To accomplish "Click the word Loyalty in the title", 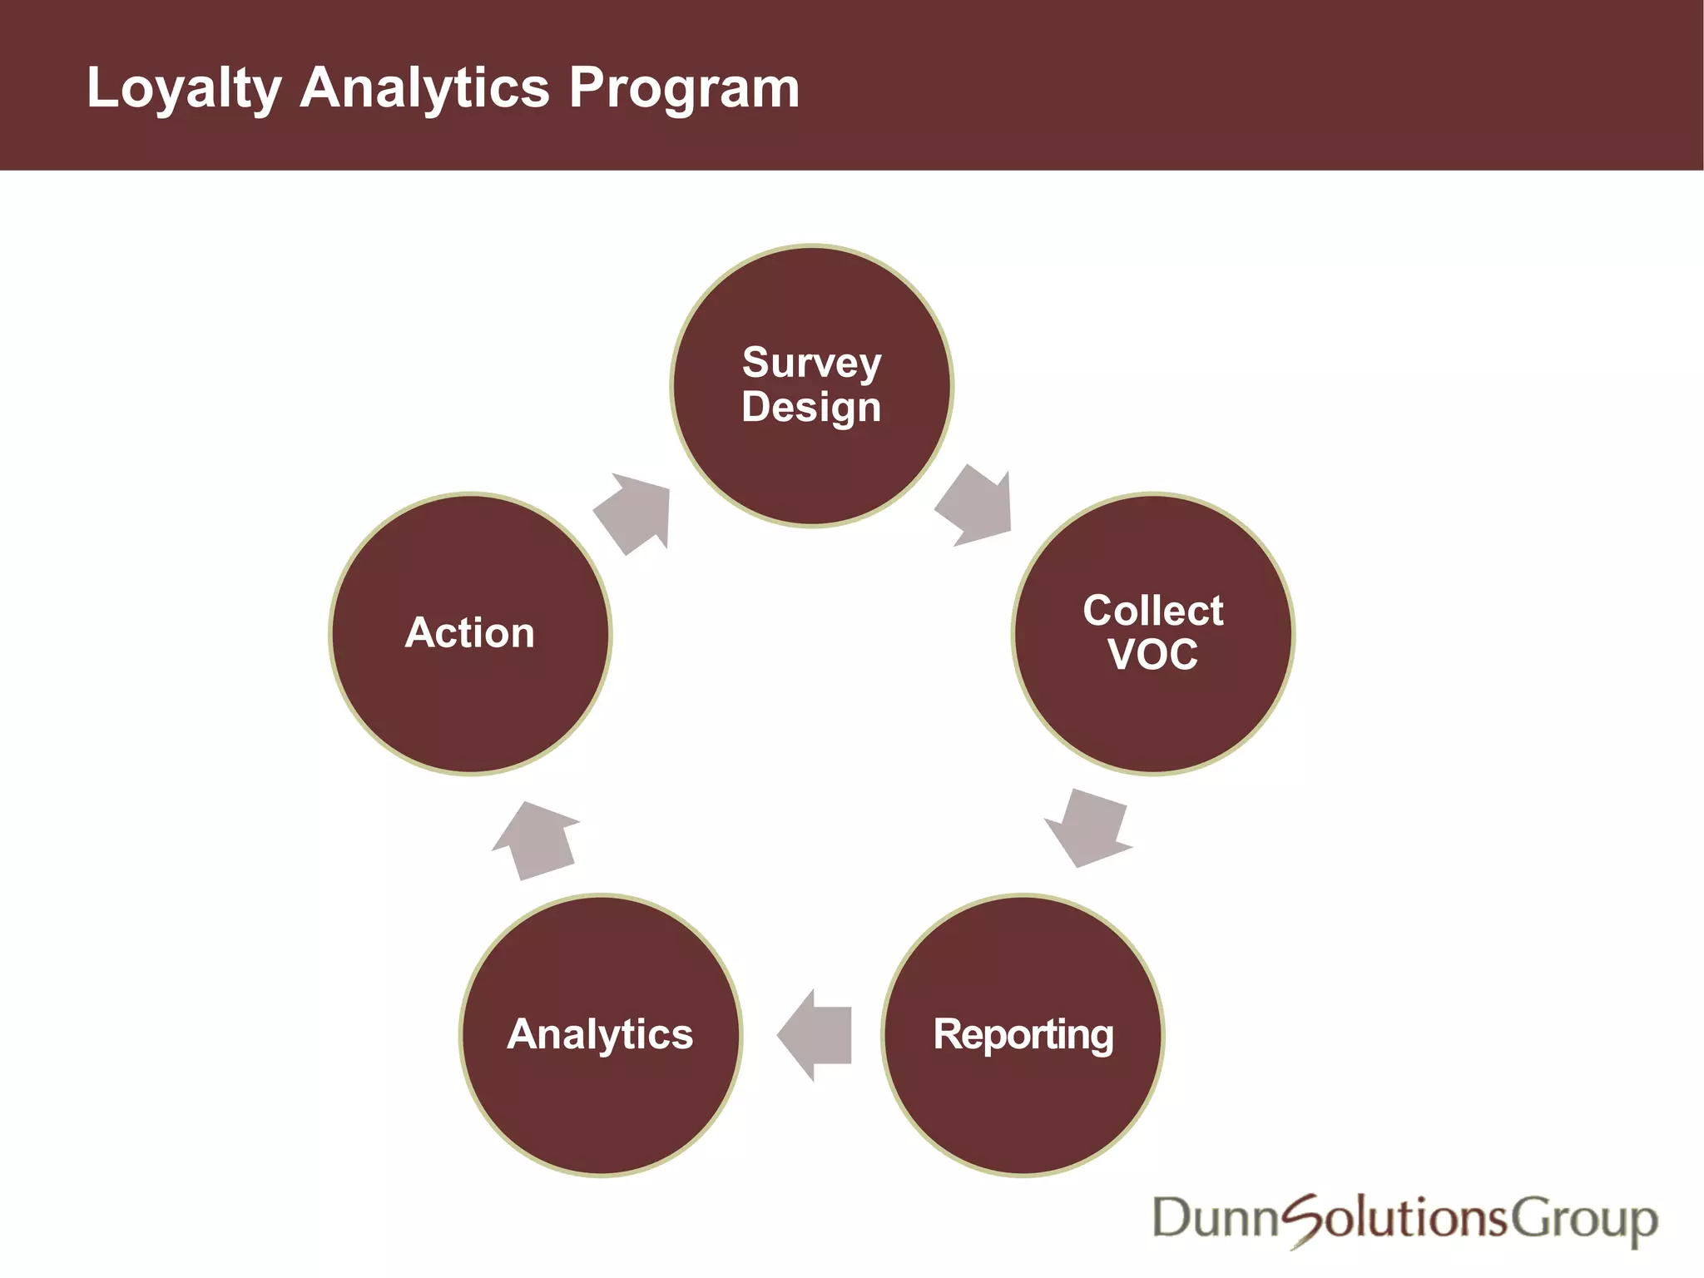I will (x=184, y=88).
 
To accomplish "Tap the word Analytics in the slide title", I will (x=424, y=88).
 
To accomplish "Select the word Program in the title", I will (x=684, y=88).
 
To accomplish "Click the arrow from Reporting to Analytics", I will (x=816, y=1035).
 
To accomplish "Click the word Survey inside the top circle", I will (x=811, y=363).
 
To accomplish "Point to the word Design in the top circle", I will (x=811, y=408).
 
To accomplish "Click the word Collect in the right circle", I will (x=1153, y=611).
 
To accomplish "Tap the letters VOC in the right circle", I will (x=1153, y=655).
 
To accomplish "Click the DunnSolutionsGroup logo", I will (x=1404, y=1219).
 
